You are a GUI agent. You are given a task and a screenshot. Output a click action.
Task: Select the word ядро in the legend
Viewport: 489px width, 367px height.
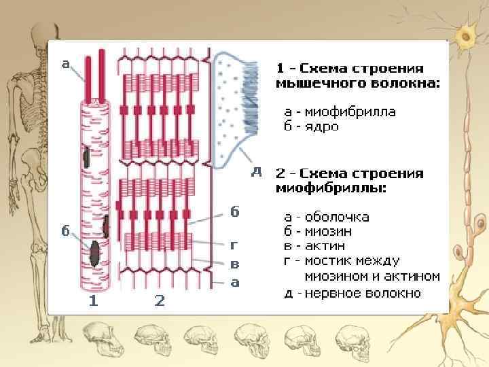(322, 126)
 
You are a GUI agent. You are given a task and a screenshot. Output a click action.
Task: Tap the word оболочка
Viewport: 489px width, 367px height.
(337, 217)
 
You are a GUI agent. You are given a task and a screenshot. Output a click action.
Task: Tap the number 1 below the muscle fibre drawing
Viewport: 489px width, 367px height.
(94, 301)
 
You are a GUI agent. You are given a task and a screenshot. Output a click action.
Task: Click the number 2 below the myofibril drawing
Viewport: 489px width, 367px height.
(159, 301)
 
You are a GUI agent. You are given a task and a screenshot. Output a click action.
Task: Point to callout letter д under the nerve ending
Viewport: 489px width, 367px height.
(257, 171)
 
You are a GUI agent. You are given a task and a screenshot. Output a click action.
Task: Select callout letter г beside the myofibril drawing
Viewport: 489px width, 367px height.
(234, 244)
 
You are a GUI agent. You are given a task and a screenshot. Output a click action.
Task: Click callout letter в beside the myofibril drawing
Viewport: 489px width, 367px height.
(234, 263)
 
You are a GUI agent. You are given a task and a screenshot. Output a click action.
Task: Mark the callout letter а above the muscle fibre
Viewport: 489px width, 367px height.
(66, 64)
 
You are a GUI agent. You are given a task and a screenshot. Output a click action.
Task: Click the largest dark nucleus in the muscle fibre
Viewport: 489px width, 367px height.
(93, 251)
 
